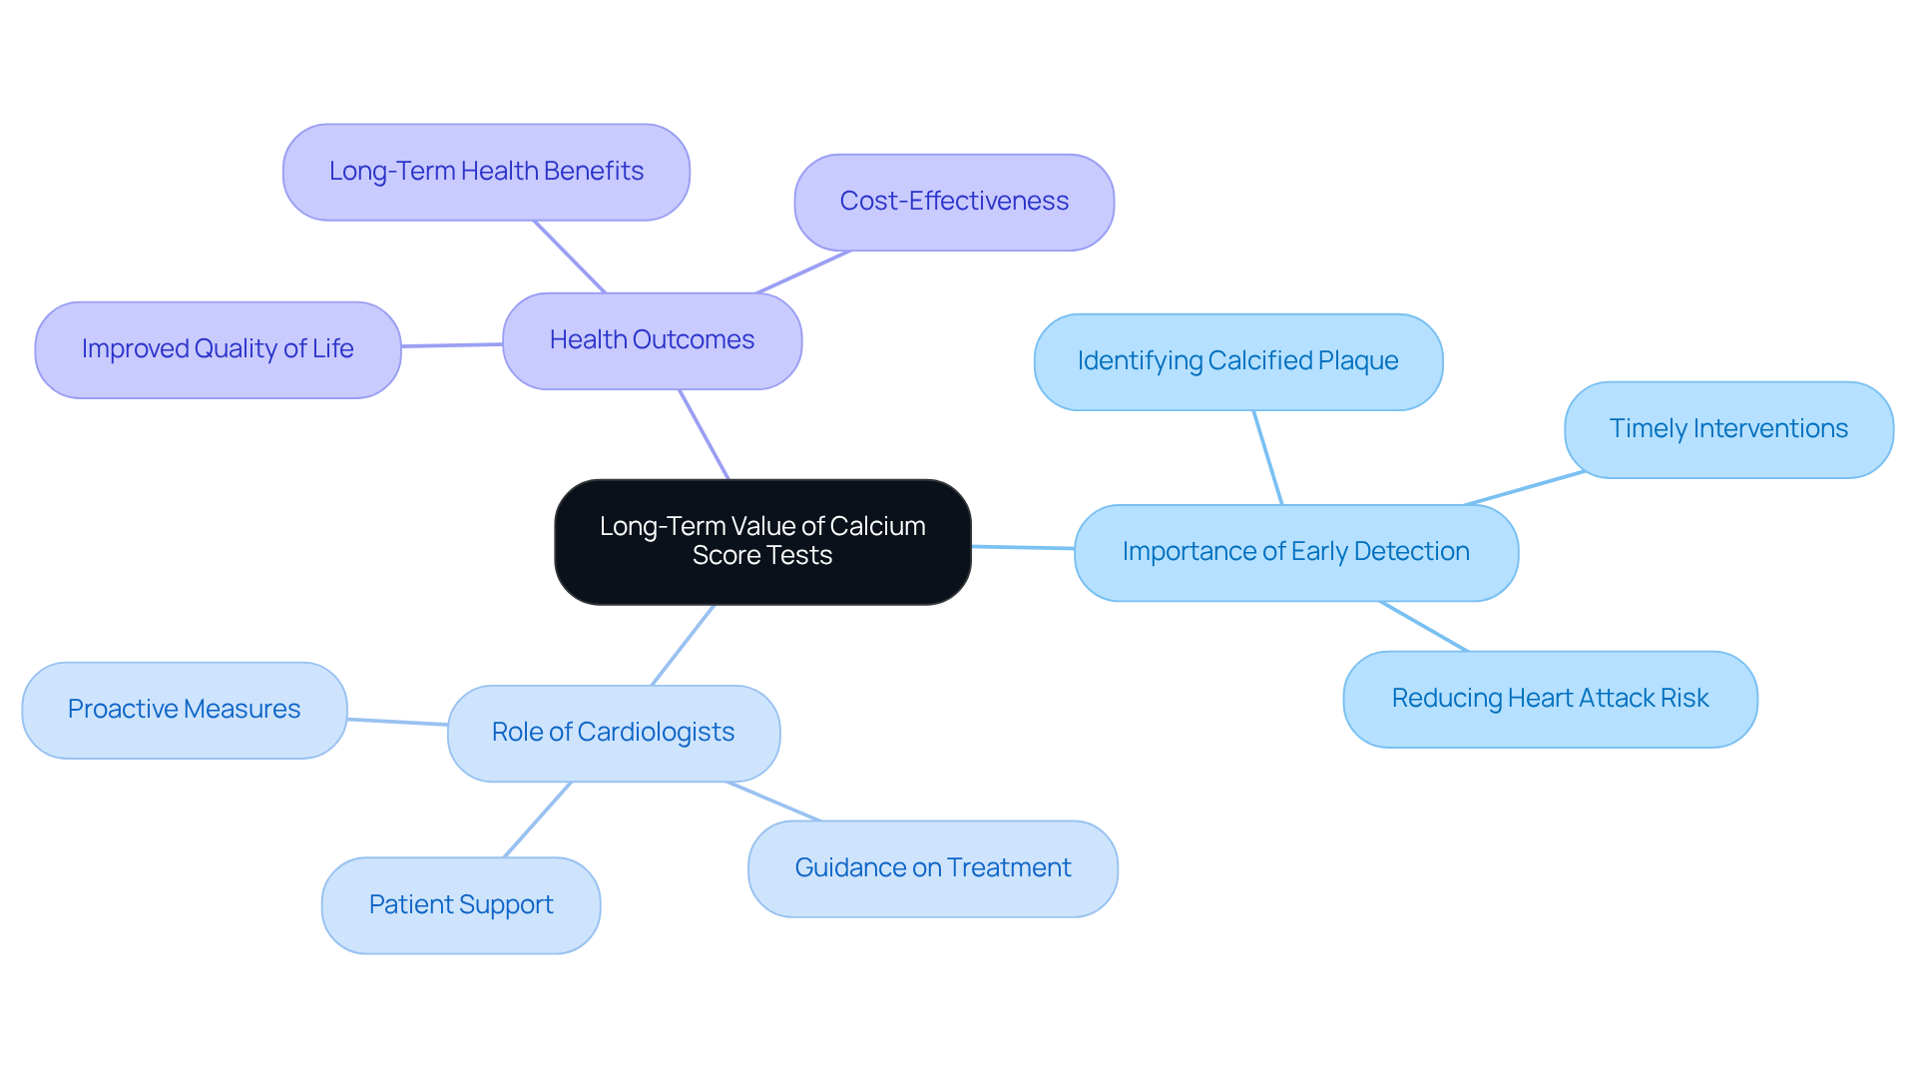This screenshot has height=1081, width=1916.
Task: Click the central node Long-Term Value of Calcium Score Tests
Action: [x=762, y=542]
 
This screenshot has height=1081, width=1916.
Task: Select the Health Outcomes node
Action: [x=652, y=340]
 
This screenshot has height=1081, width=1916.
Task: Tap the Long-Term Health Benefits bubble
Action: [x=486, y=172]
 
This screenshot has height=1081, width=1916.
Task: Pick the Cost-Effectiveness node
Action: [x=953, y=202]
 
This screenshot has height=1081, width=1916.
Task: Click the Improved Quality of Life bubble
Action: [x=218, y=349]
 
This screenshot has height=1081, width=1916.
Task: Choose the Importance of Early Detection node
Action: [x=1295, y=552]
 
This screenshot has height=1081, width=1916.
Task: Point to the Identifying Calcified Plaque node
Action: [x=1237, y=361]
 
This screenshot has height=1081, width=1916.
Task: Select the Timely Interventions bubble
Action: [x=1727, y=429]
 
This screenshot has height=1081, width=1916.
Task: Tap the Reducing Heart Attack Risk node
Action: [x=1549, y=699]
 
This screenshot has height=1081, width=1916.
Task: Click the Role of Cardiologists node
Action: [x=613, y=733]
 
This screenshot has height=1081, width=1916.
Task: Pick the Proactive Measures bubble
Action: [x=184, y=710]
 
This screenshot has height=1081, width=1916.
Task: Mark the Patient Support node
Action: [x=460, y=905]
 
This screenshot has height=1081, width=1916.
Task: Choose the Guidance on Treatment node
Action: [x=932, y=868]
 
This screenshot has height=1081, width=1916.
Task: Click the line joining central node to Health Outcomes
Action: [x=705, y=435]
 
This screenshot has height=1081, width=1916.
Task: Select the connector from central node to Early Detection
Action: [x=1023, y=547]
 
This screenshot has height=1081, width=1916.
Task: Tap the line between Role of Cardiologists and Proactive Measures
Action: [x=397, y=721]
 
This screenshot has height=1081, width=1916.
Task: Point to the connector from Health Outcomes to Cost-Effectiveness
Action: [x=803, y=271]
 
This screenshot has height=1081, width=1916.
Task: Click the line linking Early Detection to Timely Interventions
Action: [x=1524, y=488]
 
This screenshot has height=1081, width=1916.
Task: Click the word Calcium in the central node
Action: [x=877, y=526]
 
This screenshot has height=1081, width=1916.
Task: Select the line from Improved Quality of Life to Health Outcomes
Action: [x=452, y=345]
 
